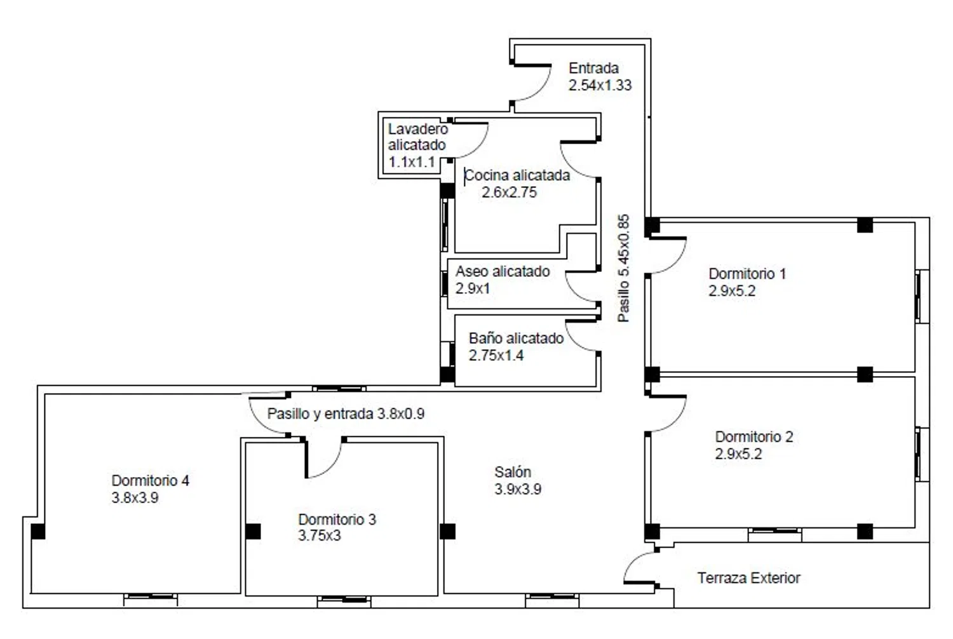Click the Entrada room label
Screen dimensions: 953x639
(x=593, y=68)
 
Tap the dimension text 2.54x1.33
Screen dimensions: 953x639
(x=600, y=85)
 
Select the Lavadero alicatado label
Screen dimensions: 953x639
(x=417, y=137)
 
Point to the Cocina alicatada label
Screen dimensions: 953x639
(x=517, y=175)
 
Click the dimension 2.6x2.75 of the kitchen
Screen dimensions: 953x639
(x=510, y=192)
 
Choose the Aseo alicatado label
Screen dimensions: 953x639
(x=503, y=271)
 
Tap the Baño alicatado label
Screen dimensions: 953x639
(x=516, y=338)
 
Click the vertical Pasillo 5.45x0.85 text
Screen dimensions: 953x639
(x=623, y=268)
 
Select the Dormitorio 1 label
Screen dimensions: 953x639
(x=747, y=274)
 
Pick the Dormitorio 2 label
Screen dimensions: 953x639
(x=754, y=436)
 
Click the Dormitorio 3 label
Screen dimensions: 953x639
(x=337, y=519)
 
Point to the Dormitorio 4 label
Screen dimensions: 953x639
(x=150, y=480)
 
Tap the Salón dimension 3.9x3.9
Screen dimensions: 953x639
(x=518, y=489)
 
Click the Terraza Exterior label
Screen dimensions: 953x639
(x=749, y=578)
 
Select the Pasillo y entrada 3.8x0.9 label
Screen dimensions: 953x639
(x=346, y=414)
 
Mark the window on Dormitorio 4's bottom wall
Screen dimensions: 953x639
(x=151, y=599)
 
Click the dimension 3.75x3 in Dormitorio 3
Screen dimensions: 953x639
(x=320, y=535)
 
